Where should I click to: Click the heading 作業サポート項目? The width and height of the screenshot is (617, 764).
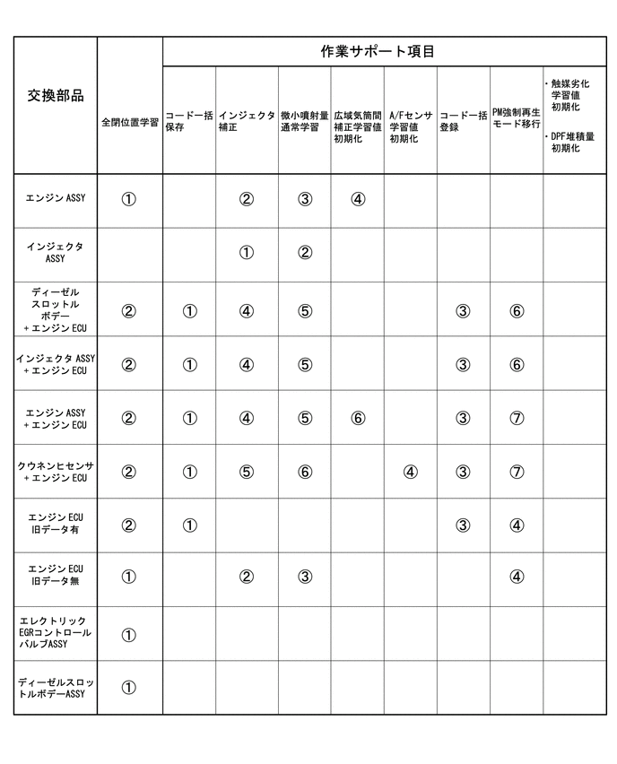(378, 52)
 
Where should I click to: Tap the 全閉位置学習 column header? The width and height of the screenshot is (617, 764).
(130, 121)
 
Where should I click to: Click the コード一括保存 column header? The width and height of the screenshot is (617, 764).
(188, 121)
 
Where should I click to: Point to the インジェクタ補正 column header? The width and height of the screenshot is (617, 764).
(246, 121)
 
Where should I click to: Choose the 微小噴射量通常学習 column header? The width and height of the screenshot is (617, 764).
(304, 121)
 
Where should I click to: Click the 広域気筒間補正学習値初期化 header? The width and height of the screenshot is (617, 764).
(357, 126)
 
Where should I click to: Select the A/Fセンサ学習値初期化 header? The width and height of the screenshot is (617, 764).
(410, 126)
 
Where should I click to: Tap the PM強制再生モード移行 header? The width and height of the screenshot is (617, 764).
(516, 121)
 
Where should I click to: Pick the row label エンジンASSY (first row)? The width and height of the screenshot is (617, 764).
(56, 198)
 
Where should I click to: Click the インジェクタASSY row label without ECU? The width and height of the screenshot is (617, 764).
(56, 252)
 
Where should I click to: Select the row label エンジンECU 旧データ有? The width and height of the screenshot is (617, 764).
(56, 525)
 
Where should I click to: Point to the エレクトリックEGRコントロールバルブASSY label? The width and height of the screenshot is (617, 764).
(56, 632)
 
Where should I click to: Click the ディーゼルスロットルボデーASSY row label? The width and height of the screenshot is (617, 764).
(56, 688)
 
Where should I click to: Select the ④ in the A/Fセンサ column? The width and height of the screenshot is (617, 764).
(410, 473)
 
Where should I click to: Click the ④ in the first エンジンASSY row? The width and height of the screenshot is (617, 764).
(358, 199)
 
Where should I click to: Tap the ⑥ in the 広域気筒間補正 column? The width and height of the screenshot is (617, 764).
(358, 419)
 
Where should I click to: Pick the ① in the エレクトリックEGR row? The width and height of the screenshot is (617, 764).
(128, 635)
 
